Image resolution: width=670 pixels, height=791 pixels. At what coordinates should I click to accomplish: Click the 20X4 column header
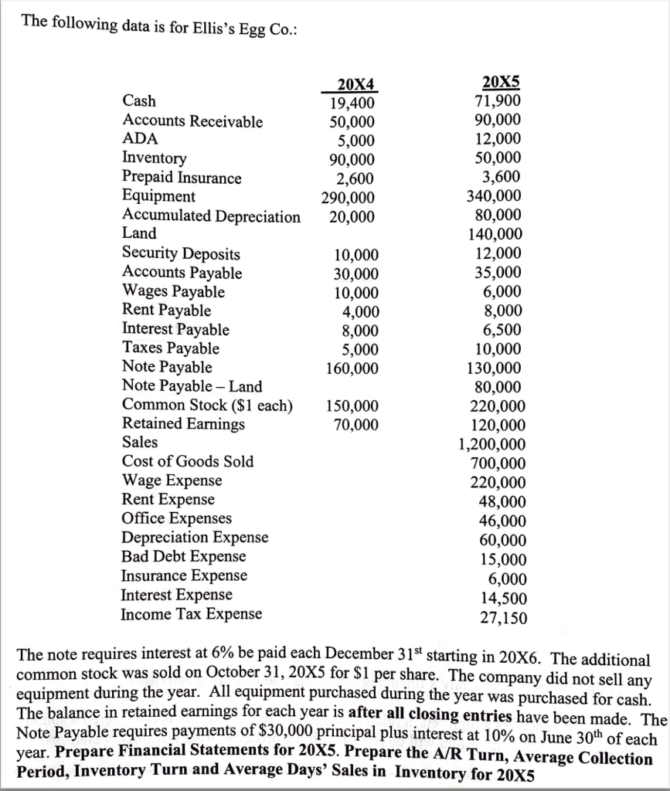(355, 85)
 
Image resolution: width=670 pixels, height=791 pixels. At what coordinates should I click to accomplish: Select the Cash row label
(139, 101)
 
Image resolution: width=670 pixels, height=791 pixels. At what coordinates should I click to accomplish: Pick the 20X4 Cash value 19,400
(352, 104)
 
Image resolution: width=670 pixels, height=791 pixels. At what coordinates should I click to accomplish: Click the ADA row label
(140, 139)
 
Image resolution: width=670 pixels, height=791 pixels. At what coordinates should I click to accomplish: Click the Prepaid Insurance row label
(182, 178)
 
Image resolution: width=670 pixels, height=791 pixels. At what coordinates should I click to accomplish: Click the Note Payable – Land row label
(192, 386)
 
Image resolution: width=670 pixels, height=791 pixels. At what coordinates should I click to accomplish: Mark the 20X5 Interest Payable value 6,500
(504, 330)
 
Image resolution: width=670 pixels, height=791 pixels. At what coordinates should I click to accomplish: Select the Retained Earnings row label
(183, 424)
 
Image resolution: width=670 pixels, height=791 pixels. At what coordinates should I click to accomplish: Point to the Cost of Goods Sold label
(188, 462)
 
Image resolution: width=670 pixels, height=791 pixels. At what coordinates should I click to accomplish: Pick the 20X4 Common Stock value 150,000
(352, 406)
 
